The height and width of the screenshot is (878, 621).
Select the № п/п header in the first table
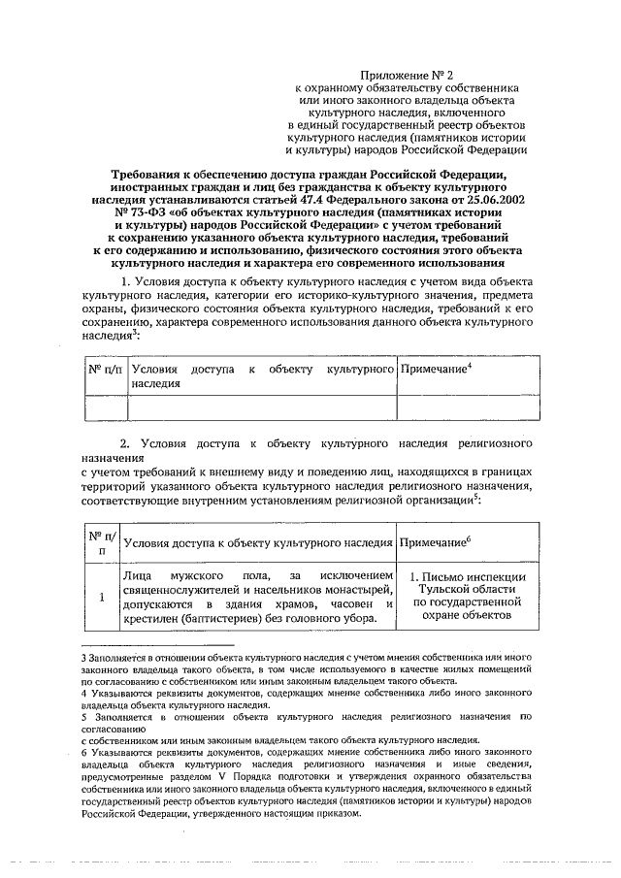[x=105, y=371]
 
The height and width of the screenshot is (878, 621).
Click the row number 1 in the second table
[x=101, y=596]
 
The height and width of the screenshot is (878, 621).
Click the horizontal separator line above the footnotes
[x=156, y=644]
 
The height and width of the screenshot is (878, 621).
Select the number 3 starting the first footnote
[x=83, y=658]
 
